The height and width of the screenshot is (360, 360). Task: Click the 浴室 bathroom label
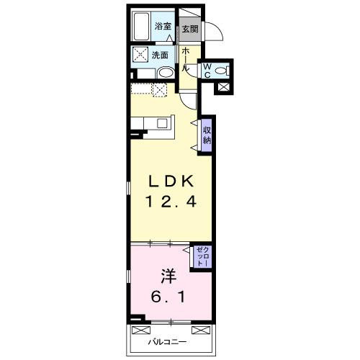(163, 26)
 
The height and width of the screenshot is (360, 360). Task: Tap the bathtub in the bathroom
(141, 27)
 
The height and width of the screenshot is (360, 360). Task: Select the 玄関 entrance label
(190, 29)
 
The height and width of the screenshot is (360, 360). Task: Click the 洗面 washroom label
(160, 55)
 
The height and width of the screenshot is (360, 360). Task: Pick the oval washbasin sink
(166, 73)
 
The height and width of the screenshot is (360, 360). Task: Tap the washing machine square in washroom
(140, 55)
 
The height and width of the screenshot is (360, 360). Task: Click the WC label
(207, 71)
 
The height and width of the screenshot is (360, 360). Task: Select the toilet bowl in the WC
(222, 71)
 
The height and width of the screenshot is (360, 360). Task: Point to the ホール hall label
(186, 59)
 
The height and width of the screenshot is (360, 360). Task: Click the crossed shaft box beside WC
(223, 87)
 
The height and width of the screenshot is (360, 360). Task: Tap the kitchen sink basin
(162, 123)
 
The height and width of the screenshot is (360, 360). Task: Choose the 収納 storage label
(207, 135)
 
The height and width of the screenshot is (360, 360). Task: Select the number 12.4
(171, 201)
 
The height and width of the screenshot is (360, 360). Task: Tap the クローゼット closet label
(203, 256)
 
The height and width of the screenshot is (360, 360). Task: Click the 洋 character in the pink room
(168, 276)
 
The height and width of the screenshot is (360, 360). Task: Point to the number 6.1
(168, 297)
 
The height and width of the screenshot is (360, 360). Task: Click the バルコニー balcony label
(167, 342)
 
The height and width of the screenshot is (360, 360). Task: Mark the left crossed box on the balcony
(141, 330)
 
